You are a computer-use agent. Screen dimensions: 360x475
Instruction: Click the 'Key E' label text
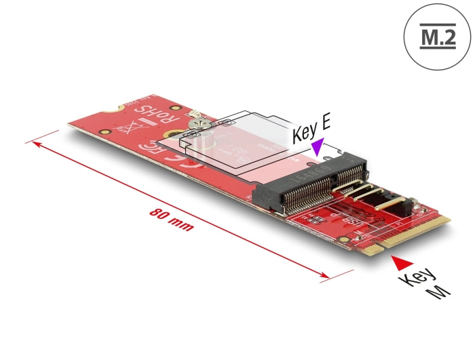click(x=311, y=129)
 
